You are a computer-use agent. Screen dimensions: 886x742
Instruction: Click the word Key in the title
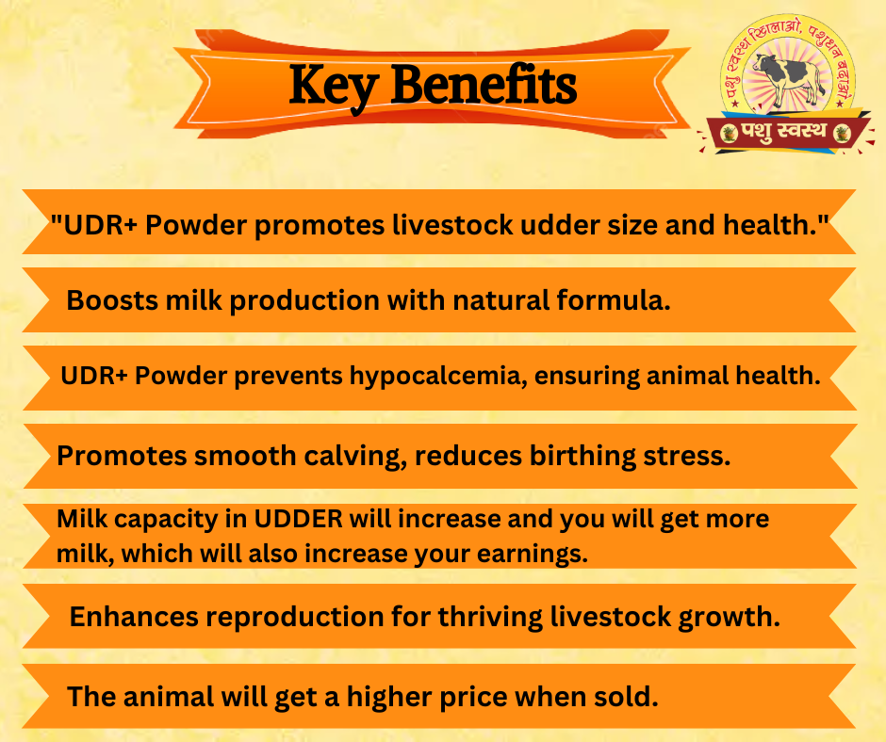point(334,87)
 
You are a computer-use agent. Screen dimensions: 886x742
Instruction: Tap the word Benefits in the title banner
point(484,84)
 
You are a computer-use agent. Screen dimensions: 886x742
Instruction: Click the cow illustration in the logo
point(787,78)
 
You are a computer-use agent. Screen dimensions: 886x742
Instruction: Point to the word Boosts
point(112,299)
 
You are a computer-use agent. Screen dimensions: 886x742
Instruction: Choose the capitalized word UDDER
point(298,519)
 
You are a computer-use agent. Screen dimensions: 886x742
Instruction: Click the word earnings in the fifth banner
point(533,555)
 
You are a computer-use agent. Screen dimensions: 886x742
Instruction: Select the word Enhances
point(134,616)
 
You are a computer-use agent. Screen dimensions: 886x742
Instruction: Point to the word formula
point(614,299)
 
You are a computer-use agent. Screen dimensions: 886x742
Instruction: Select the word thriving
point(490,617)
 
